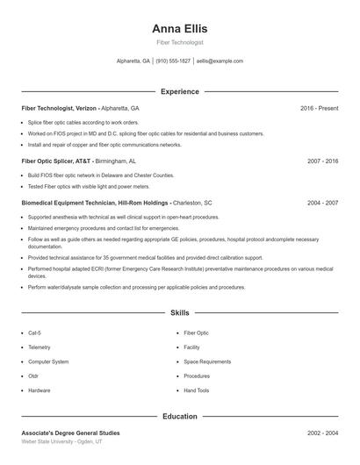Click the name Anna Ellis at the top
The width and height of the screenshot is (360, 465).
(179, 28)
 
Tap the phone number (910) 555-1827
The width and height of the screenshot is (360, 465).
(172, 61)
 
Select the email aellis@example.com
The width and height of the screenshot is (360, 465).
(220, 61)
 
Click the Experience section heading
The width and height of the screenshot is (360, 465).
(179, 91)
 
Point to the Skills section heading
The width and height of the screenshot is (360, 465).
(179, 312)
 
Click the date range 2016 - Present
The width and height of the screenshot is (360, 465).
(319, 108)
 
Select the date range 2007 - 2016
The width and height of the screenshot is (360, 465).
(322, 161)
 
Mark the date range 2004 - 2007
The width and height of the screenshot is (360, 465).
(322, 203)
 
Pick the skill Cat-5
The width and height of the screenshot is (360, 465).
(34, 333)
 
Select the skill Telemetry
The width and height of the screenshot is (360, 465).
(39, 347)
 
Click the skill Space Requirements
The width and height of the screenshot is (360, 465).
(207, 361)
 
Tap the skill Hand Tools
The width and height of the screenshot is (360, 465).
(197, 390)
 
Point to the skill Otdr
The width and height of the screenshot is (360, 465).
(33, 376)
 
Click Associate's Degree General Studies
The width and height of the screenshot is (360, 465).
(70, 433)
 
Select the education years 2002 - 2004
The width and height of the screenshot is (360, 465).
(322, 433)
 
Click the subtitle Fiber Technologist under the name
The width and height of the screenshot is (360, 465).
(179, 42)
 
